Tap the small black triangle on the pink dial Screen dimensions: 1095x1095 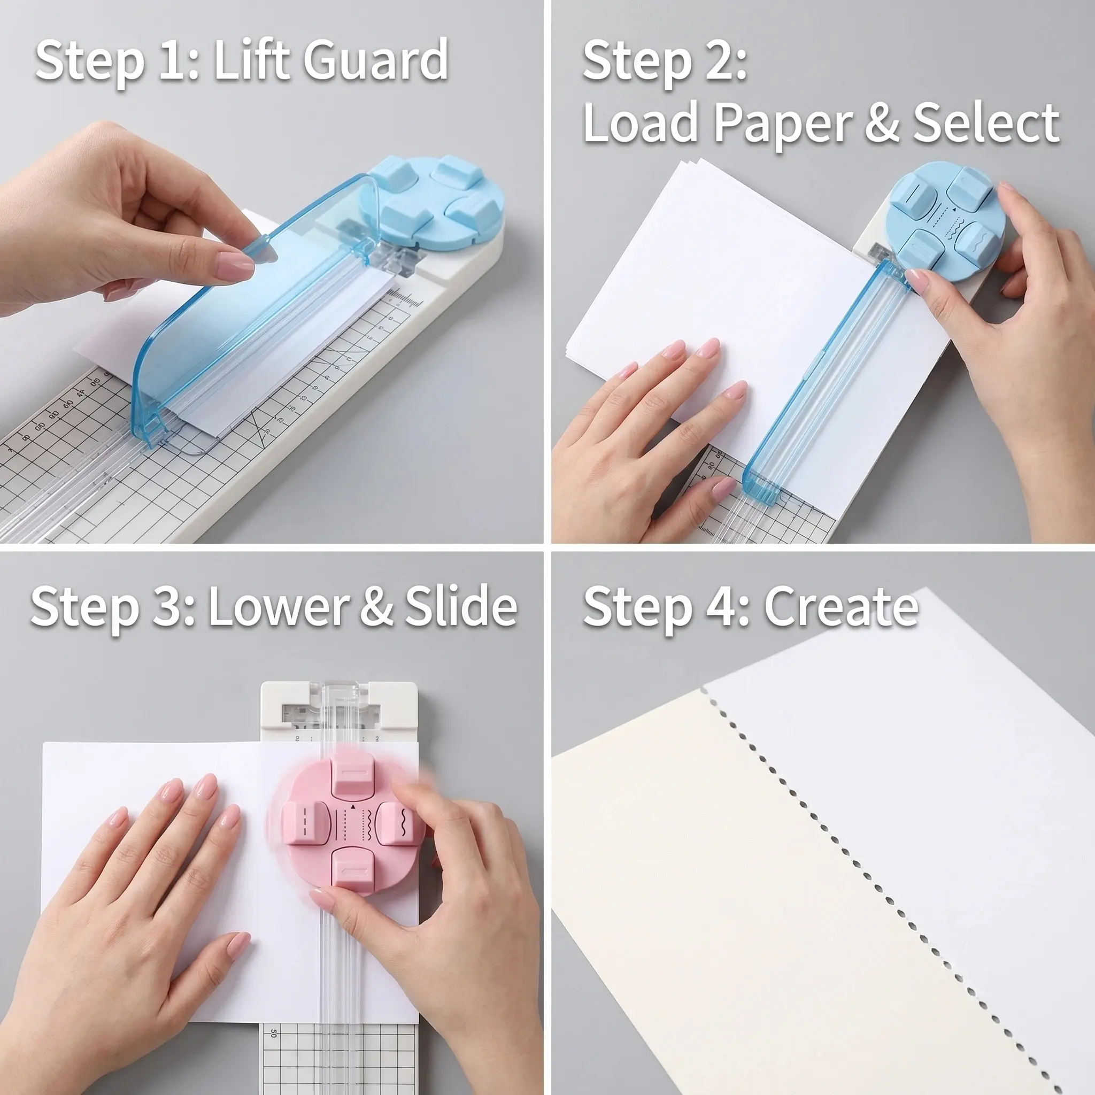point(352,805)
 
